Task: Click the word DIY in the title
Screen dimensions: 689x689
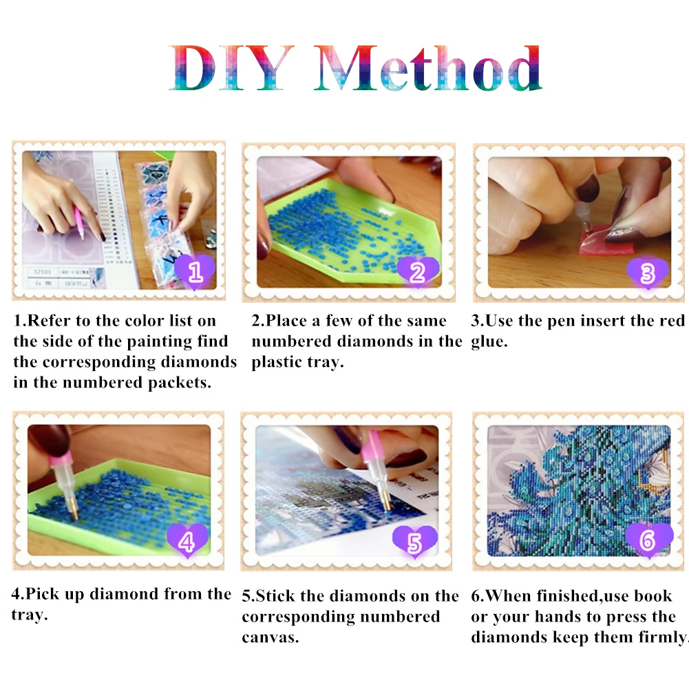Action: coord(231,68)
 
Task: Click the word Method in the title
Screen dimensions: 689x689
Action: coord(428,68)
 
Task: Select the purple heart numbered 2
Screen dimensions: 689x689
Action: coord(418,272)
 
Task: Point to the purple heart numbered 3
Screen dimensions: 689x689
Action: coord(648,273)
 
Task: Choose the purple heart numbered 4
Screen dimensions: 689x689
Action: coord(187,540)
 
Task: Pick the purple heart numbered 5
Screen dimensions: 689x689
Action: coord(415,542)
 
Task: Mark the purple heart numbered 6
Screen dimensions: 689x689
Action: coord(648,540)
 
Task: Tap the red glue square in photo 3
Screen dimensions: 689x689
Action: coord(606,241)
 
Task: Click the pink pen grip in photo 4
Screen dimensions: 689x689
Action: coord(60,460)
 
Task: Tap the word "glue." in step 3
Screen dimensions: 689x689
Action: coord(489,342)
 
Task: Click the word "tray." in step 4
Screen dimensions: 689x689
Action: coord(30,615)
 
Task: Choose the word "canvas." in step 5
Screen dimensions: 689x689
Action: coord(271,637)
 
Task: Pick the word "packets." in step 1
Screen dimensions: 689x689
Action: coord(180,383)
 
